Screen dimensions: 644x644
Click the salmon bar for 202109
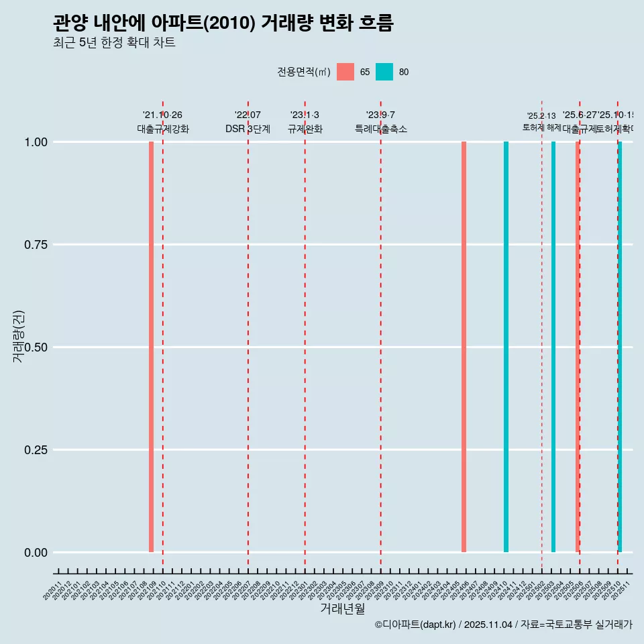[152, 347]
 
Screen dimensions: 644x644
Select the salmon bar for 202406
[464, 347]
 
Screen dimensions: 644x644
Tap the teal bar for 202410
[506, 347]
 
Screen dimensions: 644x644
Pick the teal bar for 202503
[553, 347]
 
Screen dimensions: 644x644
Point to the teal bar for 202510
[620, 347]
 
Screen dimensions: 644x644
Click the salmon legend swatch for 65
[345, 72]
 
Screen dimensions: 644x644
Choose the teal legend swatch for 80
[384, 72]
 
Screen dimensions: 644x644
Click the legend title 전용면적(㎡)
[304, 72]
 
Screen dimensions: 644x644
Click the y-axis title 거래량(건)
[18, 336]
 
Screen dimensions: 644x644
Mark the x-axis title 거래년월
[342, 609]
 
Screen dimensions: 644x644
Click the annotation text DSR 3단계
[248, 129]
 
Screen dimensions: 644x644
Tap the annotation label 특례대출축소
[381, 129]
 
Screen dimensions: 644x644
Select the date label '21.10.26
[162, 115]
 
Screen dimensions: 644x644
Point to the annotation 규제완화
[305, 129]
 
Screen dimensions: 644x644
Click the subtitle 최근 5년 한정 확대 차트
[114, 43]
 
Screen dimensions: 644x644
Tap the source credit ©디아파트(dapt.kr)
[415, 625]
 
